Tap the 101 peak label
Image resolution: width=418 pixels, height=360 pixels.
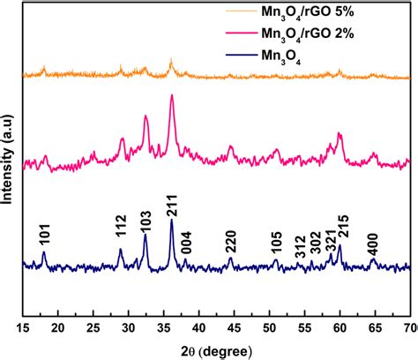[x=44, y=235]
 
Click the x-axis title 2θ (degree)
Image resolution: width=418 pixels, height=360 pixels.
[x=216, y=349]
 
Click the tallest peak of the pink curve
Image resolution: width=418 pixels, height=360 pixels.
[x=171, y=97]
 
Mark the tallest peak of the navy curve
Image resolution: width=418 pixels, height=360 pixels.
[x=171, y=220]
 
